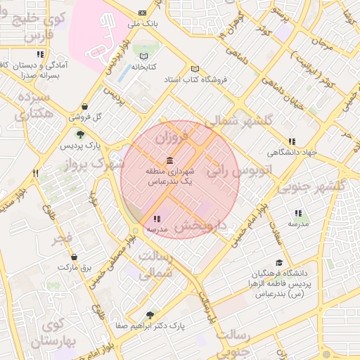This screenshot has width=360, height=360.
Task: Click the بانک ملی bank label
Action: click(x=144, y=23)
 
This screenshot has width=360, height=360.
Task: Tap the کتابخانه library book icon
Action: click(x=144, y=56)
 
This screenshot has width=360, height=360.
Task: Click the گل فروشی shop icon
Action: click(x=84, y=107)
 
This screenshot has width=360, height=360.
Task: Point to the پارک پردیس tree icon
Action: click(x=80, y=134)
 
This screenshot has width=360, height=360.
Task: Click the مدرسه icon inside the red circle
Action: click(x=156, y=219)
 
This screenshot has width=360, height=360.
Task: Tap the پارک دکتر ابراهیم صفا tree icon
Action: click(x=149, y=315)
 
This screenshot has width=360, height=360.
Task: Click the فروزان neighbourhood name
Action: click(x=174, y=135)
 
